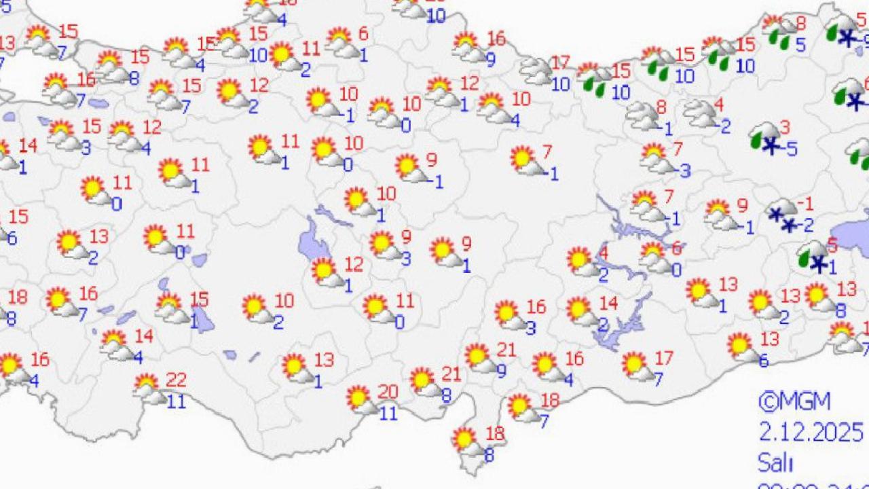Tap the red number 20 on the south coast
[x=388, y=392]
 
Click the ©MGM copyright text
[x=794, y=402]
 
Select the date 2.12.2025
[x=811, y=432]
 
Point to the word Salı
[x=775, y=463]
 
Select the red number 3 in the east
[x=785, y=127]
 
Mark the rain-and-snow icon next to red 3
[x=764, y=137]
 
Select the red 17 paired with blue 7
[x=664, y=357]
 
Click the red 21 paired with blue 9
[x=506, y=350]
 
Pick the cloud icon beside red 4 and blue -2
[x=699, y=113]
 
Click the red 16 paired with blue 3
[x=536, y=308]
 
